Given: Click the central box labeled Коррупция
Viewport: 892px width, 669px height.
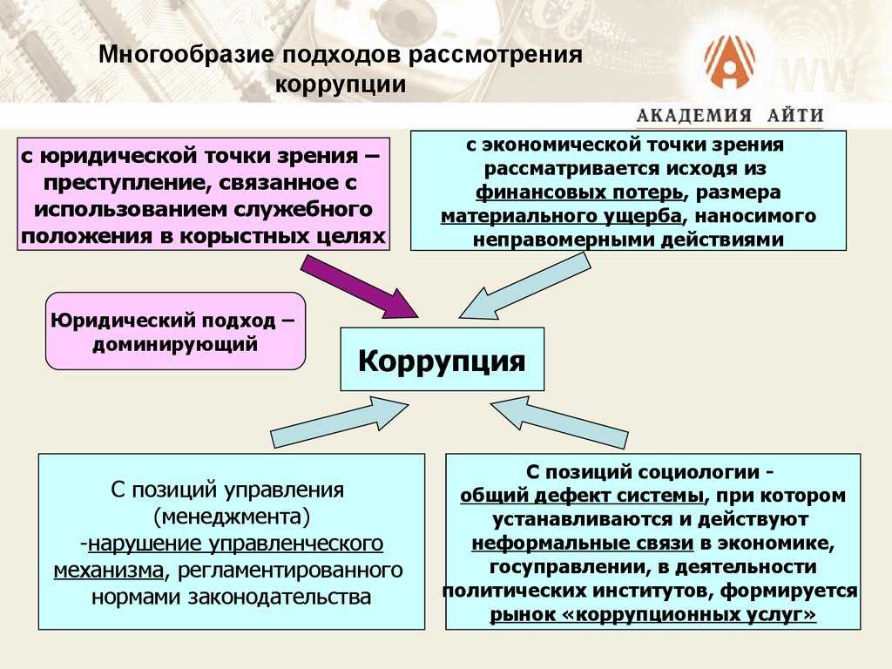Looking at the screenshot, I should click(442, 359).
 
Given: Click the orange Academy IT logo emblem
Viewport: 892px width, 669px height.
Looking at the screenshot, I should click(730, 63).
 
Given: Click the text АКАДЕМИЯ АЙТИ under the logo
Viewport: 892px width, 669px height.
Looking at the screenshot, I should click(730, 115).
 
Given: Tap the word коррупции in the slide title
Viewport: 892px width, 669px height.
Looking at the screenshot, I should click(341, 85).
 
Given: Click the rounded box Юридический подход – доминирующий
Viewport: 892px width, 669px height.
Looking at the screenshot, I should click(175, 332).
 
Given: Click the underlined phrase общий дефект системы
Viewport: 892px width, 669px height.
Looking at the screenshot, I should click(582, 496).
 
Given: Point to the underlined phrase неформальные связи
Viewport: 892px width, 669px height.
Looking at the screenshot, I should click(583, 544).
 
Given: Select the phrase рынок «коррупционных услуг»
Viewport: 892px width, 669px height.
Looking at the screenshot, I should click(653, 615).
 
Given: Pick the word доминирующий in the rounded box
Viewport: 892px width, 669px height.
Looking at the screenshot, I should click(175, 343).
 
